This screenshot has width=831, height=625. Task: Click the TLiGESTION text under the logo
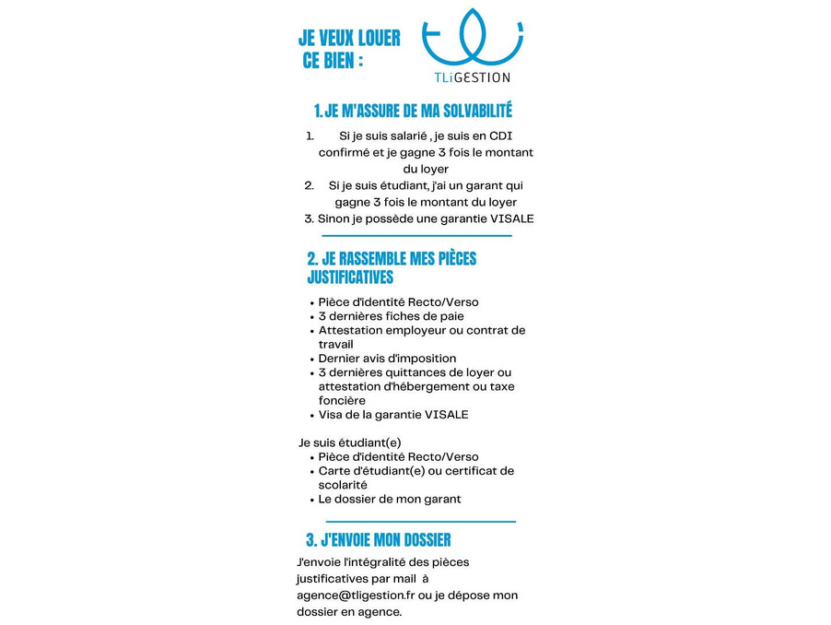(x=472, y=77)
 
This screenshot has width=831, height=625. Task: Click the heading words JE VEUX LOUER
(x=349, y=39)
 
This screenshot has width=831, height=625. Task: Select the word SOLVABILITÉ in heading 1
(x=465, y=112)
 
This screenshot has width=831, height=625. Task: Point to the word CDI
(x=501, y=136)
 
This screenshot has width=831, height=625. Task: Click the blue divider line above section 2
(x=416, y=236)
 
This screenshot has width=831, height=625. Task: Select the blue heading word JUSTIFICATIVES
(x=350, y=277)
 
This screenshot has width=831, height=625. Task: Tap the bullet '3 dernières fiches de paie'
(x=392, y=316)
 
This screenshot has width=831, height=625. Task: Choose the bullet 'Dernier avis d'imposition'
(x=387, y=359)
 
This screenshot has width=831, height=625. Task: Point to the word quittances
(x=428, y=372)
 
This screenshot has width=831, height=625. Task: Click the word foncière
(x=342, y=401)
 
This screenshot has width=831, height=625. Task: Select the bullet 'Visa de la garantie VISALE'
(x=393, y=415)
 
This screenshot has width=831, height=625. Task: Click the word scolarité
(x=343, y=485)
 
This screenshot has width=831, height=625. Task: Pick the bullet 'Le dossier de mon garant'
(x=390, y=499)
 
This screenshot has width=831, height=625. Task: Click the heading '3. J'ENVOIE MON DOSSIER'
(x=379, y=540)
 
